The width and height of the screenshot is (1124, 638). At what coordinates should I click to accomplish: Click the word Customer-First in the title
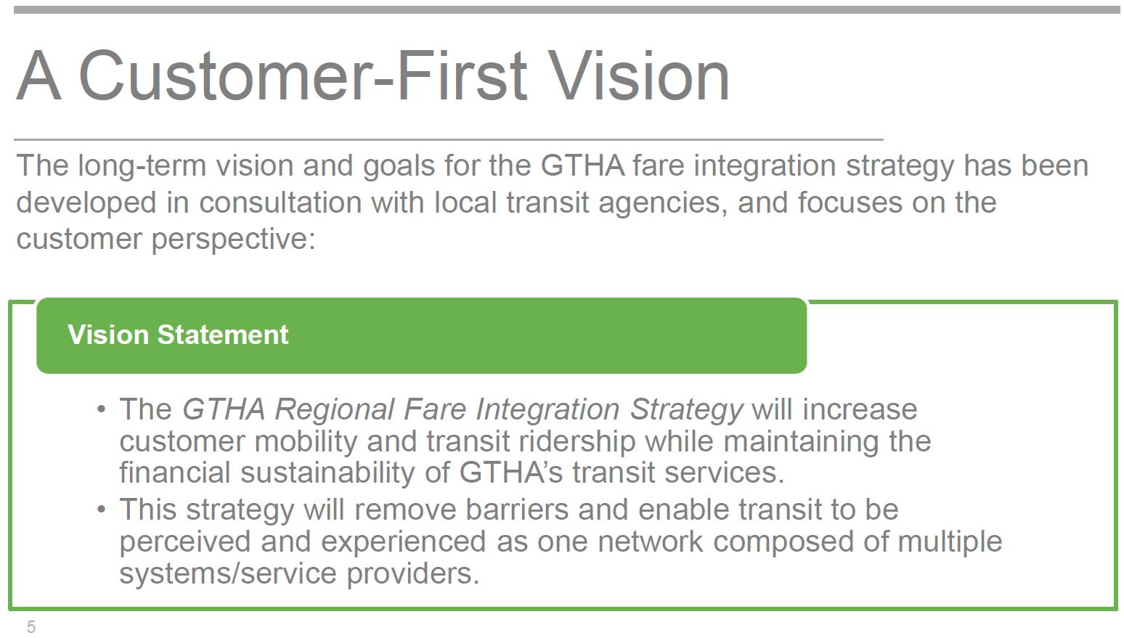[303, 76]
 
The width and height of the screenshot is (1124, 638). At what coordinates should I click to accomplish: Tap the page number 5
[31, 627]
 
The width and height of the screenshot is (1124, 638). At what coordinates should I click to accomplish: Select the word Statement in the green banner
[223, 335]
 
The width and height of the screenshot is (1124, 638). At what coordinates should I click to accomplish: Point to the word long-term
[142, 166]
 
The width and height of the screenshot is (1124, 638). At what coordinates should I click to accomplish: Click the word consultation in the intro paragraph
[280, 203]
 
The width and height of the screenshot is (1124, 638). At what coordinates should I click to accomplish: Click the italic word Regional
[334, 410]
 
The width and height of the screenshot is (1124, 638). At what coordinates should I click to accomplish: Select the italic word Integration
[548, 410]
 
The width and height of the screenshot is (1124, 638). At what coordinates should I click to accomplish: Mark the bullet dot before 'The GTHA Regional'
[102, 410]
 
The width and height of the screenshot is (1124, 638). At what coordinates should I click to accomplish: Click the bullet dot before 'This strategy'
[102, 510]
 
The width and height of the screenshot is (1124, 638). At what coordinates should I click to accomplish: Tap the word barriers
[517, 510]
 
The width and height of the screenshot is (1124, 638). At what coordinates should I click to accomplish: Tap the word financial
[174, 473]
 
